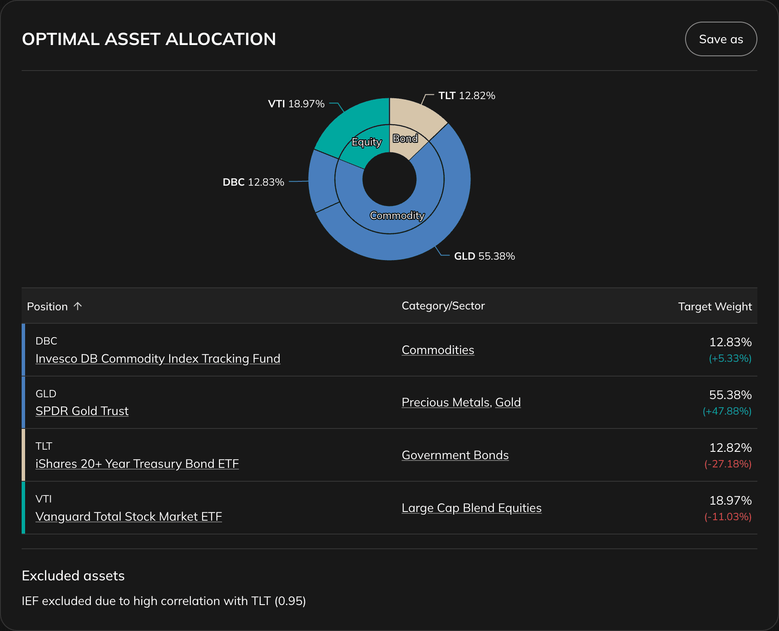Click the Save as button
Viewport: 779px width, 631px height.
(x=721, y=39)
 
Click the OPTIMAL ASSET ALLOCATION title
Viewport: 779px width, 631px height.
(x=149, y=39)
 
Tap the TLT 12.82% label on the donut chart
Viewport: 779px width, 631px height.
(x=467, y=96)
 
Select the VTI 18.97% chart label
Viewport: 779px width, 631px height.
(x=296, y=104)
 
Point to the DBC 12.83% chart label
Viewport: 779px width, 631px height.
(x=253, y=182)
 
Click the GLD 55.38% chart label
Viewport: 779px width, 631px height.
(x=484, y=256)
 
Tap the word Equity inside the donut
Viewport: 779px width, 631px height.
(x=367, y=142)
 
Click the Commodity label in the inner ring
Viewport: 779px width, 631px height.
(x=397, y=216)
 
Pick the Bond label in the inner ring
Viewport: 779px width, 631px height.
(x=405, y=138)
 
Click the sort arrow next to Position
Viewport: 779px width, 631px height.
(x=78, y=306)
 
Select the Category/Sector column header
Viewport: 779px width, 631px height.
(x=443, y=306)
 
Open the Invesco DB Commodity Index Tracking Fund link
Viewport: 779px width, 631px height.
(x=158, y=359)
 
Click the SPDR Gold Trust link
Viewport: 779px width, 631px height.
(x=82, y=411)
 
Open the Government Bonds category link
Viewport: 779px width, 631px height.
(x=455, y=455)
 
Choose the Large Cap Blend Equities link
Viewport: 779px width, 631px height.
(x=471, y=508)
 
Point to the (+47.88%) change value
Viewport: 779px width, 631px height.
(x=727, y=411)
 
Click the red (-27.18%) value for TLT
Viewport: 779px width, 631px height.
(x=727, y=464)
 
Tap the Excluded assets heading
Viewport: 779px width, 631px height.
(x=73, y=576)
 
